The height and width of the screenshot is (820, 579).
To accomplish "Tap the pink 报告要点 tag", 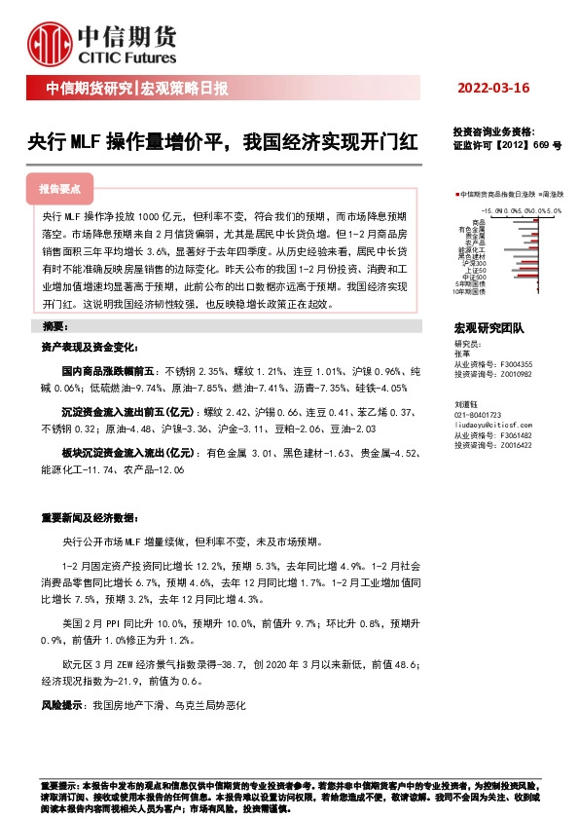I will pos(66,189).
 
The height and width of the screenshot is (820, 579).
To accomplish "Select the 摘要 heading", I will pos(59,323).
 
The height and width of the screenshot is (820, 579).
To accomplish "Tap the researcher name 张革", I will pos(461,354).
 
